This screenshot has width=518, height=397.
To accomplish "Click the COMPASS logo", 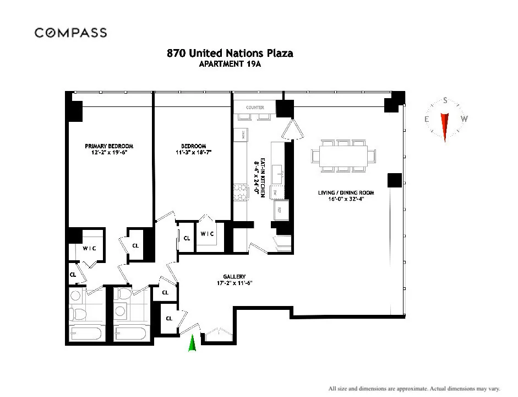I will pos(70,33).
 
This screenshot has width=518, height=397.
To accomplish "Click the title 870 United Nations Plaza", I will pos(230,53).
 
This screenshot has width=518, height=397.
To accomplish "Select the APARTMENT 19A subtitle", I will pos(230,63).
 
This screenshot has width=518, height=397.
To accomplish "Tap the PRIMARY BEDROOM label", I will pos(109,146).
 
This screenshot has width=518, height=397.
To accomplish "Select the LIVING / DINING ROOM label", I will pos(346,192).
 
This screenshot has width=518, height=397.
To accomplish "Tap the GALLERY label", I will pos(234,276).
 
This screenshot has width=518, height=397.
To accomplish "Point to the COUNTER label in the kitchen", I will pos(255,108).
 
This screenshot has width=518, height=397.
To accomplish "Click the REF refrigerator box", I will pos(279,210).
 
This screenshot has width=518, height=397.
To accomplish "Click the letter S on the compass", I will pos(445,101).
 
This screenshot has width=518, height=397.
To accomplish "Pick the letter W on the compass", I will pos(464,119).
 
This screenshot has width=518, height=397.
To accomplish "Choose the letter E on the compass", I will pos(427,119).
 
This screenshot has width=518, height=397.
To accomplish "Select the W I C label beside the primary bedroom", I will pos(89,248).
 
